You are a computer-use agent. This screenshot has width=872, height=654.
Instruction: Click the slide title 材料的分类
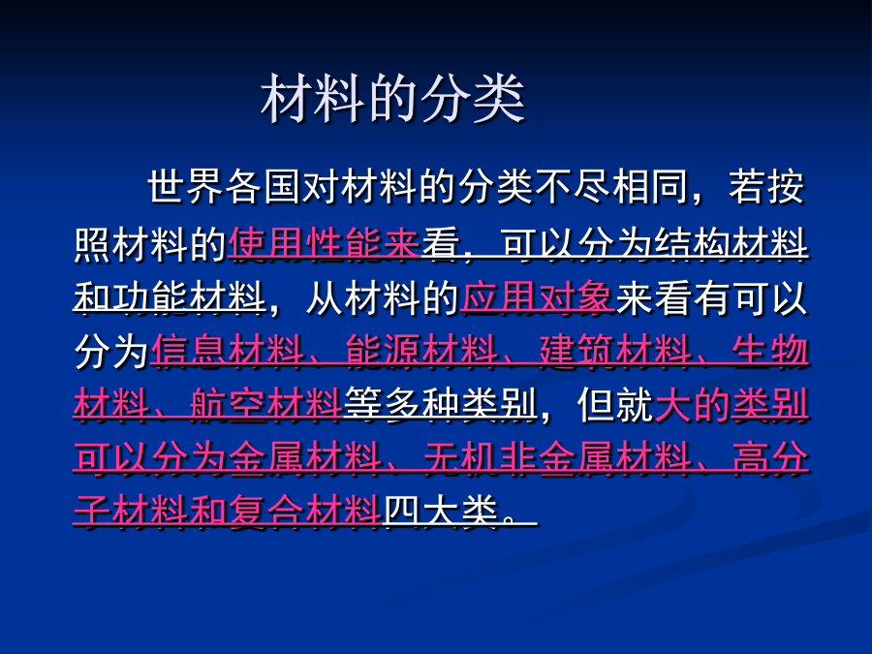click(392, 99)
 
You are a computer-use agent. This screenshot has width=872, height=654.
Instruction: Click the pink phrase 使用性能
click(305, 243)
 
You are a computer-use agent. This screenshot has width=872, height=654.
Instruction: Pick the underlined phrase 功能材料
click(189, 297)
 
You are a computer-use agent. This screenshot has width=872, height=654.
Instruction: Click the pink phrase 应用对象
click(538, 297)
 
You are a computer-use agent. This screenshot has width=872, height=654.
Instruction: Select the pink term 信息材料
click(228, 351)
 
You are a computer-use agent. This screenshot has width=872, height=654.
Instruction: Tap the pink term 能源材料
click(421, 351)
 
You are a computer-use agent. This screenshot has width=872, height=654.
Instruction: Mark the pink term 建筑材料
click(615, 351)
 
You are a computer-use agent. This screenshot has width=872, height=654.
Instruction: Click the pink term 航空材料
click(265, 404)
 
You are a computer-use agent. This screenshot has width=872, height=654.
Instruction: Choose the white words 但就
click(615, 404)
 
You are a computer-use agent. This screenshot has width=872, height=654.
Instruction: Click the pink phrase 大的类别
click(732, 404)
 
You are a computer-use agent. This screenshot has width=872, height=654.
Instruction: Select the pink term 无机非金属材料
click(557, 457)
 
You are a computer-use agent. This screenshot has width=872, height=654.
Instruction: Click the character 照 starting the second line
click(92, 243)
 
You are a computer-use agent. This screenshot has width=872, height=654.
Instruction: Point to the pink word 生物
click(770, 351)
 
